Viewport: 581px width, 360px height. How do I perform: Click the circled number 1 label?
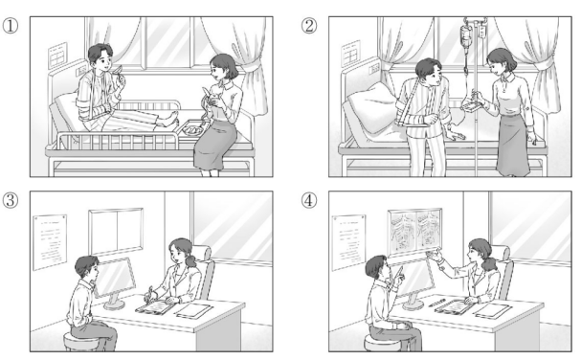10,26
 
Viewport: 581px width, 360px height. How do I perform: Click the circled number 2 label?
308,26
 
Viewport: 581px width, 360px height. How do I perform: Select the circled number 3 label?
10,200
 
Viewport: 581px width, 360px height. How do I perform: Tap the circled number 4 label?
308,200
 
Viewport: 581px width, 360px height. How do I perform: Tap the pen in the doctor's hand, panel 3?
150,293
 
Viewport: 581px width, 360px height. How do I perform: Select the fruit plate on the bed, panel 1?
192,130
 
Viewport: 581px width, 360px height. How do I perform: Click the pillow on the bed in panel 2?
370,107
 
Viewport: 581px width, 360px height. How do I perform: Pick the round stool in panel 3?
82,342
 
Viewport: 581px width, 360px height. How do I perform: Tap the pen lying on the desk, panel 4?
436,302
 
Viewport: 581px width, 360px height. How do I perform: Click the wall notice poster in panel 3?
50,241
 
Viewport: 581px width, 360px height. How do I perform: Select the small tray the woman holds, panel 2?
471,104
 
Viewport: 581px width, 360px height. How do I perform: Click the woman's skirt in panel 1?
214,146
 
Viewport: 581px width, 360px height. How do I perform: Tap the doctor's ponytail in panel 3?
191,259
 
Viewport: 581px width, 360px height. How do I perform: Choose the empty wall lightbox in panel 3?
116,230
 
